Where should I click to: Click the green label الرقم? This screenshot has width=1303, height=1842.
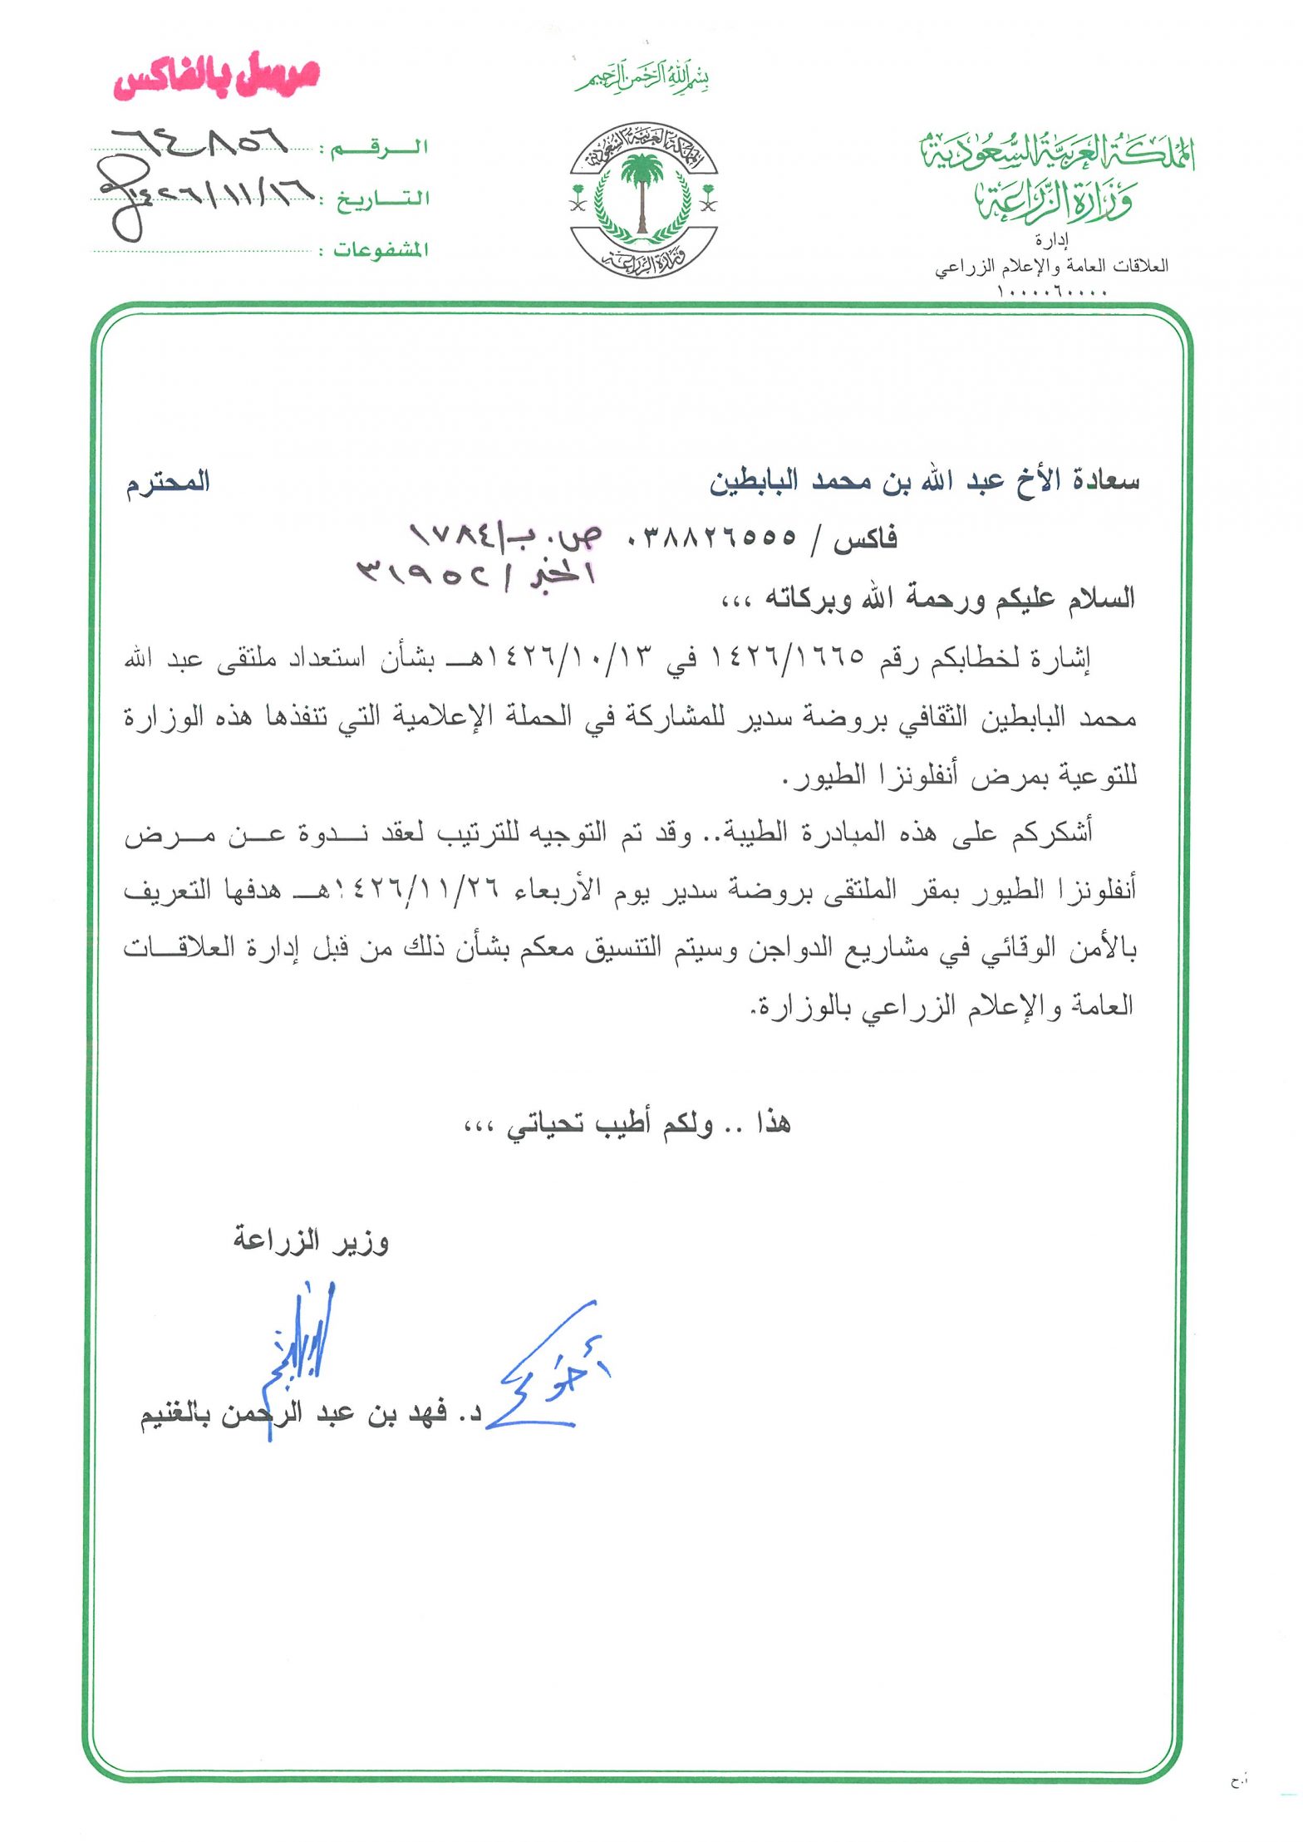pos(380,149)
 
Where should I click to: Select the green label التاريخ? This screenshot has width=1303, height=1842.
pos(382,200)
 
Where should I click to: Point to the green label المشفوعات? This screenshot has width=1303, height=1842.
pos(381,250)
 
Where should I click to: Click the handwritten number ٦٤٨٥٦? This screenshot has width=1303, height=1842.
pos(199,143)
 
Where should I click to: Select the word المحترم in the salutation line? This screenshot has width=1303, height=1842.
pos(168,483)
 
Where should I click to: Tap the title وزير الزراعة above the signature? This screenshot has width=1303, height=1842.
pos(311,1241)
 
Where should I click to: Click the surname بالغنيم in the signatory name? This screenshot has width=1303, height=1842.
pos(179,1415)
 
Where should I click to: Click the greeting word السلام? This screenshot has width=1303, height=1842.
pos(1101,598)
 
